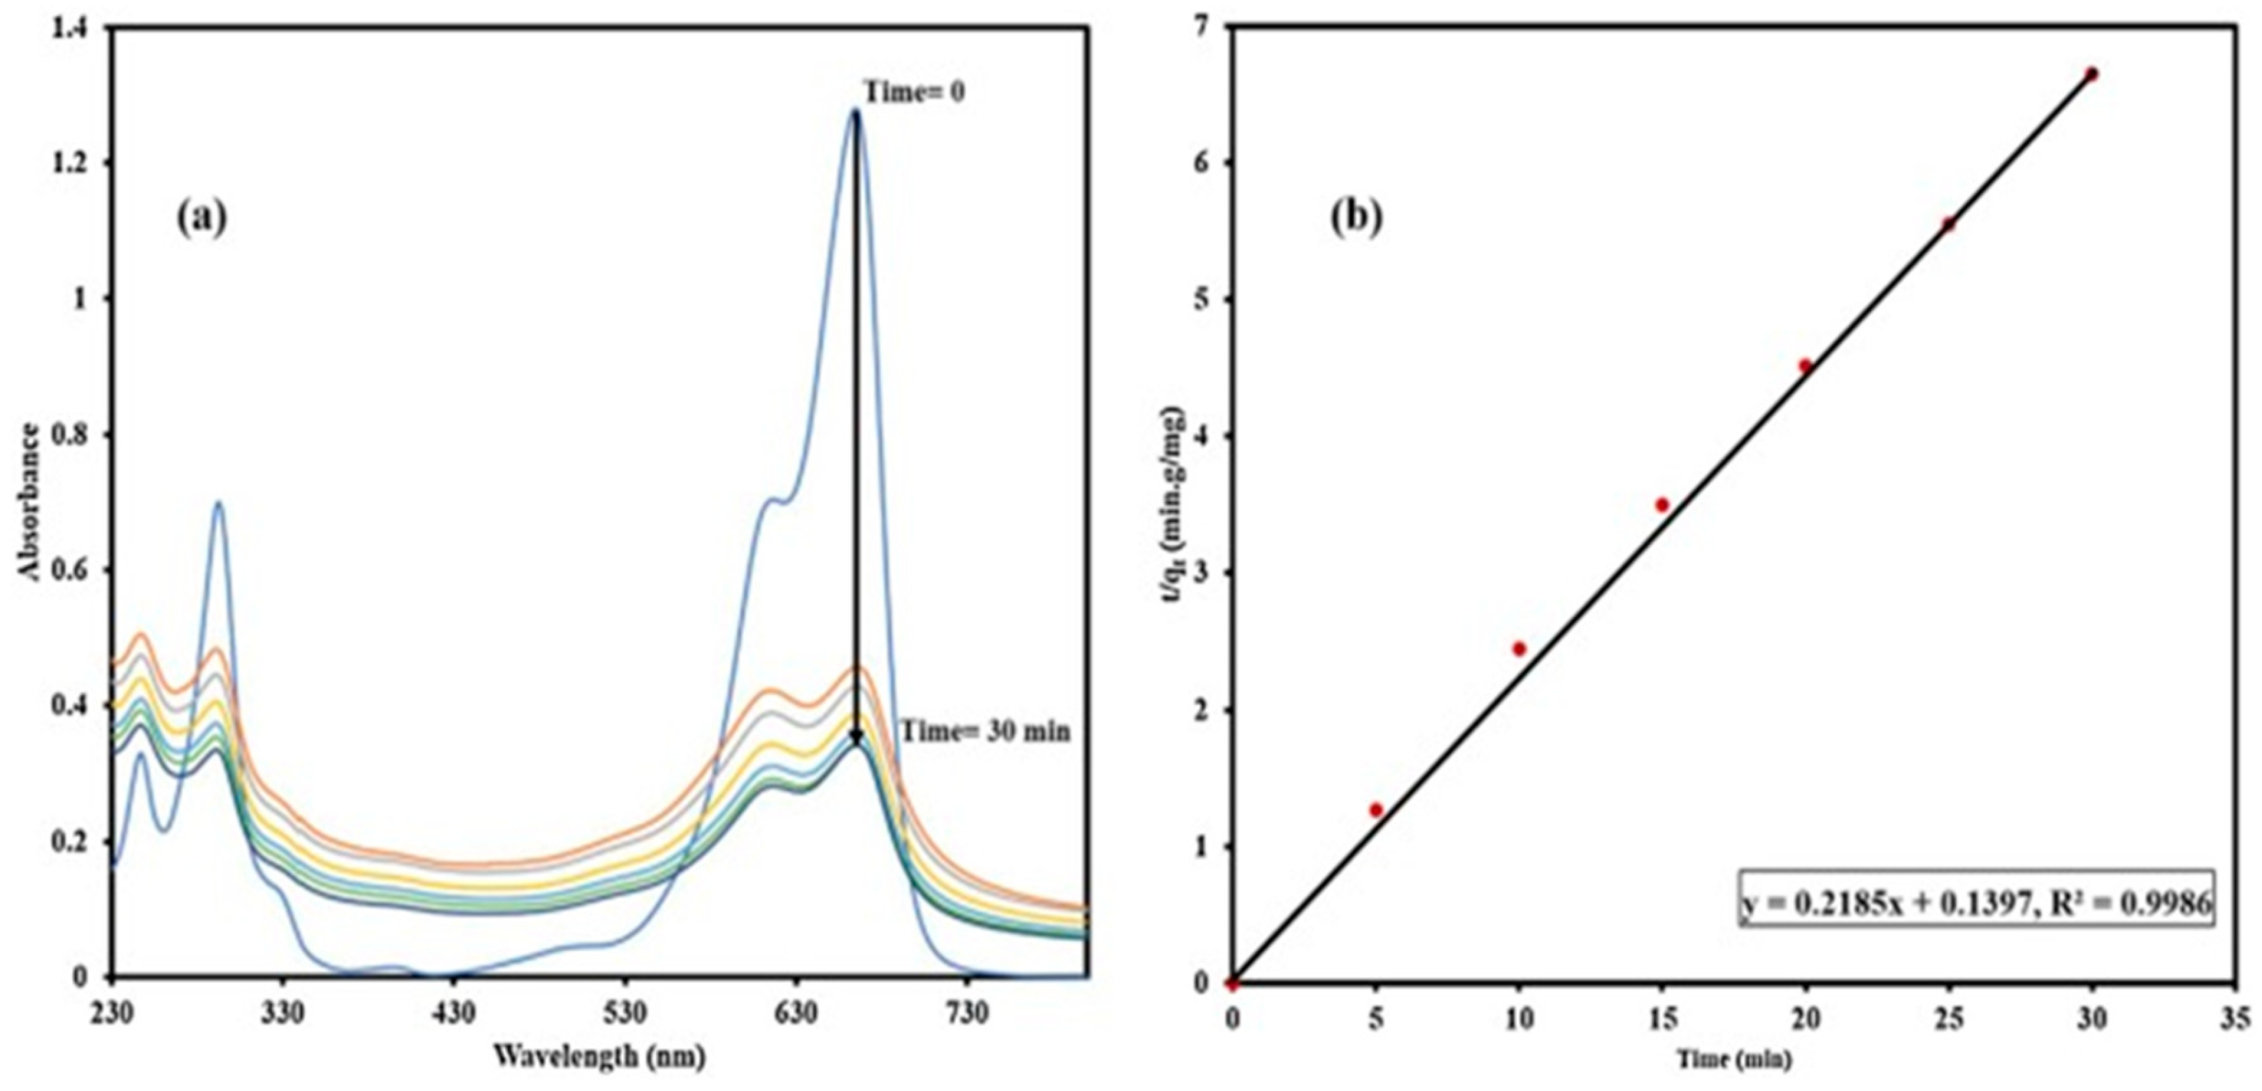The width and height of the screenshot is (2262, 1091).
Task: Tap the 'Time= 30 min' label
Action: point(986,730)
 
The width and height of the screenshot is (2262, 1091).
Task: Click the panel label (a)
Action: point(201,218)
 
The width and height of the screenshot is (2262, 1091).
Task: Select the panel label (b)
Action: point(1357,218)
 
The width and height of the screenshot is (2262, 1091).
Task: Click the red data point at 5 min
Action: point(1376,809)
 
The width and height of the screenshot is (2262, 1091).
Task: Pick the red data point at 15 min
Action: point(1661,505)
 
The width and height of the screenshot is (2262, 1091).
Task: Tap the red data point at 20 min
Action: point(1805,366)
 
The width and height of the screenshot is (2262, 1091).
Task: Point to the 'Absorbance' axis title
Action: point(30,502)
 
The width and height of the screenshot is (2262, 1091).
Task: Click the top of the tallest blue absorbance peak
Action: point(855,111)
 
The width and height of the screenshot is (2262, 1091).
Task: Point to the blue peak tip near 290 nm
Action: point(218,502)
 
